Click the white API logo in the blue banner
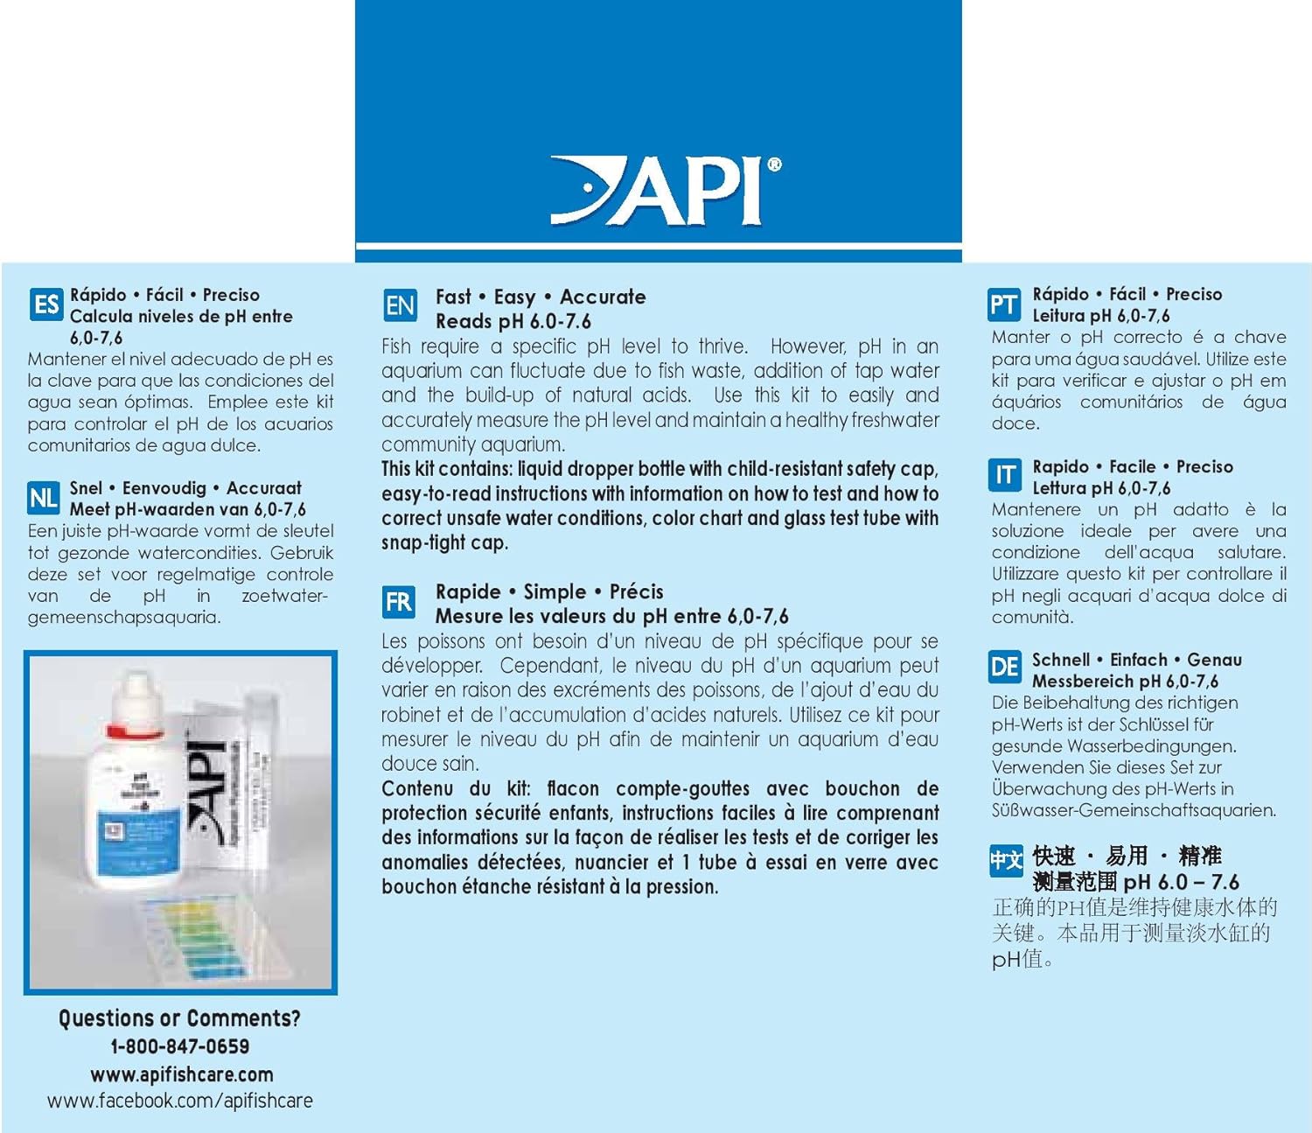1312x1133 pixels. [x=665, y=191]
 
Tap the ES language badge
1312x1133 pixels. [x=45, y=305]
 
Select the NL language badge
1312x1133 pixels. [x=44, y=499]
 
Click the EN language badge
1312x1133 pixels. [x=400, y=306]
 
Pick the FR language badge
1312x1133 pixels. [x=399, y=602]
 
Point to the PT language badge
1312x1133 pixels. [x=1003, y=304]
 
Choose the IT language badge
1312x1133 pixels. [x=1004, y=475]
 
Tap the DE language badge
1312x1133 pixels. [x=1004, y=668]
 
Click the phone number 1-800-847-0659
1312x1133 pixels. [x=179, y=1046]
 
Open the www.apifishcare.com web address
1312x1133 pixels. [x=181, y=1074]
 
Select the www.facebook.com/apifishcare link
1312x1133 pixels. [x=179, y=1102]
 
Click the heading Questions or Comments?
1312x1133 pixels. [x=179, y=1018]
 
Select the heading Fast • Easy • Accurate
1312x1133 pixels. [x=541, y=297]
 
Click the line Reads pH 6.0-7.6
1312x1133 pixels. [x=513, y=322]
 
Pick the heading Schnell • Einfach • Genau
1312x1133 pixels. [x=1136, y=660]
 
